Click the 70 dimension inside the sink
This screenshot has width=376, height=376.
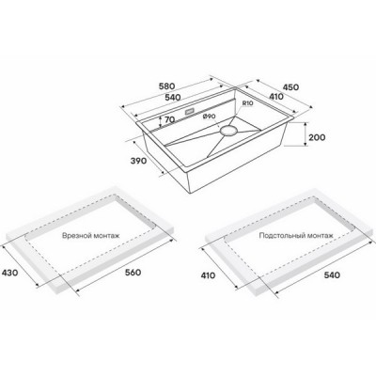[x=169, y=121]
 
